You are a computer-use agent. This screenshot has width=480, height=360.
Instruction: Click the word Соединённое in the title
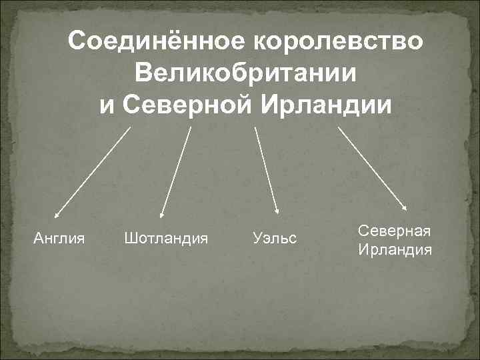coord(154,41)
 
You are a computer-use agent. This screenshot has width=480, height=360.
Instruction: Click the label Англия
coord(59,237)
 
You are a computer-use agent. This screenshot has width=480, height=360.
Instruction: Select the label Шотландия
coord(166,237)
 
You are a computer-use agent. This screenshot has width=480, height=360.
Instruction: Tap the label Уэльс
coord(275,237)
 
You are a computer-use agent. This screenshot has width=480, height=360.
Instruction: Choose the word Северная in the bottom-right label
coord(395,230)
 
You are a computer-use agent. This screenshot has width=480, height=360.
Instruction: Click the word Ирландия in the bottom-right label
coord(395,250)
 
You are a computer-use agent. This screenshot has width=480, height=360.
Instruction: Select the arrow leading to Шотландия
coord(176,173)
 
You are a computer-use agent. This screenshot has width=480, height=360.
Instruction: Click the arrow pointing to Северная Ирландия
coord(373,169)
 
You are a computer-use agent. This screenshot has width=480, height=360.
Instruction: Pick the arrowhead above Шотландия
coord(162,215)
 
